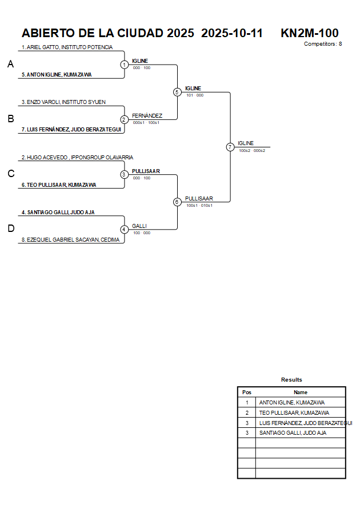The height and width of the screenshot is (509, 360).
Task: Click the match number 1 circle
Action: coord(124,65)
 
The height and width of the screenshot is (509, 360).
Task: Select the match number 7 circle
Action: coord(230,147)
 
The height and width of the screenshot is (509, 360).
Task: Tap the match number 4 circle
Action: coord(124,229)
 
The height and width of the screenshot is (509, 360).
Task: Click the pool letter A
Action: coord(10,65)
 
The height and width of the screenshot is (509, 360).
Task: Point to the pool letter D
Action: coord(10,229)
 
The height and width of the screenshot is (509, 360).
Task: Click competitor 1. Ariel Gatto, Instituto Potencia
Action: coord(67,47)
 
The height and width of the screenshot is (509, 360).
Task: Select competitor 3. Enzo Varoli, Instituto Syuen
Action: coord(64,102)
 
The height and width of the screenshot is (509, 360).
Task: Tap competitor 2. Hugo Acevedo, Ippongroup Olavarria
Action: coord(77,157)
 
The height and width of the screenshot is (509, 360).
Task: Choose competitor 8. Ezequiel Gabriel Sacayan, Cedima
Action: coord(71,240)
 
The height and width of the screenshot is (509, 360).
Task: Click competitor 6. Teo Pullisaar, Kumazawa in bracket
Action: coord(59,185)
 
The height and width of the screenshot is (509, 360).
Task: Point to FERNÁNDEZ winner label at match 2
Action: coord(147,115)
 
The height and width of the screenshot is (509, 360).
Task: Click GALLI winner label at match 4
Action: coord(139,226)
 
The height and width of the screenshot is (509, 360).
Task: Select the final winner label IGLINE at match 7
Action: coord(246,143)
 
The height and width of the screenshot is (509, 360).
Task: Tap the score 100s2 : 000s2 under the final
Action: coord(252,150)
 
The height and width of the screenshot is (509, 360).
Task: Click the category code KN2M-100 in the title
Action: coord(309,33)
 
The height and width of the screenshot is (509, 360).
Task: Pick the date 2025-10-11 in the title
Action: coord(232,33)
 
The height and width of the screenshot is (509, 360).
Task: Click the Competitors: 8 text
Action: coord(323,44)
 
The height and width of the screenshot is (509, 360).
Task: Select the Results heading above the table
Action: coord(291,380)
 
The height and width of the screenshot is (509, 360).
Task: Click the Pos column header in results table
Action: coord(247,392)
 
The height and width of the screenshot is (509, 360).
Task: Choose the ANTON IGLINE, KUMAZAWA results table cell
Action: coord(292,403)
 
